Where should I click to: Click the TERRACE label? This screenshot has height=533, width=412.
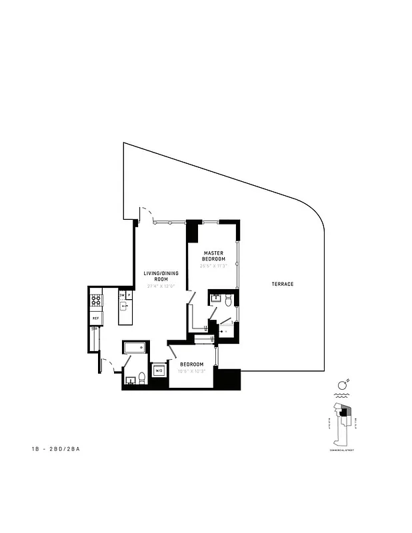tap(283, 284)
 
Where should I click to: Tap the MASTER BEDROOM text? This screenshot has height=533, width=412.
tap(214, 256)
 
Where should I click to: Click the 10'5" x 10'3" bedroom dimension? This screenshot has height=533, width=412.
tap(191, 371)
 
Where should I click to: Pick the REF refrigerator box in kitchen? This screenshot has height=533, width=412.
tap(95, 319)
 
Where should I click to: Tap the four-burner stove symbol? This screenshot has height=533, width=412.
tap(96, 300)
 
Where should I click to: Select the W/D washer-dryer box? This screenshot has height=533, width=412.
tap(159, 371)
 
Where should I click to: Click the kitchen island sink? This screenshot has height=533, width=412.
tap(125, 307)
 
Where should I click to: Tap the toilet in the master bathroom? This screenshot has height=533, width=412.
tap(228, 300)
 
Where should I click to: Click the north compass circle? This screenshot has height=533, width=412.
tap(341, 384)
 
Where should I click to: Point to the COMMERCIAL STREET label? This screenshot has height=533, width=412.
tap(341, 450)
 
